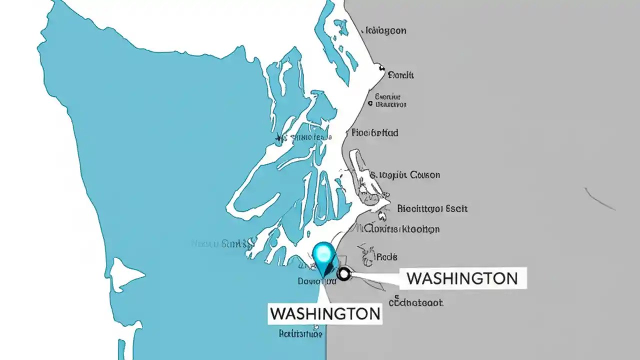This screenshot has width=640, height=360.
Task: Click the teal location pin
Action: point(324,255)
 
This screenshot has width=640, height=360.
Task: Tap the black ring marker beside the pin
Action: point(344,273)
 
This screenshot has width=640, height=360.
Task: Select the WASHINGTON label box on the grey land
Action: point(462,278)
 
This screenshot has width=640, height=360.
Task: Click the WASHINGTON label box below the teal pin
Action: point(324,313)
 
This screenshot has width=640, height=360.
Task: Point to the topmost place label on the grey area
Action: point(385,30)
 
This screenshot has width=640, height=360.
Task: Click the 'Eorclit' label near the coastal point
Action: point(400,75)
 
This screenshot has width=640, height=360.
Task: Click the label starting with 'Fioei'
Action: point(375,133)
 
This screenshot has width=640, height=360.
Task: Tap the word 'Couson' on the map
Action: point(424,175)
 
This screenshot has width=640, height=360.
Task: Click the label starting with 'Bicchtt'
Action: point(432,208)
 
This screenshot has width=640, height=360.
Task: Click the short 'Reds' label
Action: point(386,257)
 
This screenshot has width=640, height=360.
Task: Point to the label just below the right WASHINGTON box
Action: point(416,302)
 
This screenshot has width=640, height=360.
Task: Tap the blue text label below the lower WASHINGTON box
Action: point(300,333)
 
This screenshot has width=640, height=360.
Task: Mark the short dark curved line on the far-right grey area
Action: point(600,198)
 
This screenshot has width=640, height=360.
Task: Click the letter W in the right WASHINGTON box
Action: point(414,278)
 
